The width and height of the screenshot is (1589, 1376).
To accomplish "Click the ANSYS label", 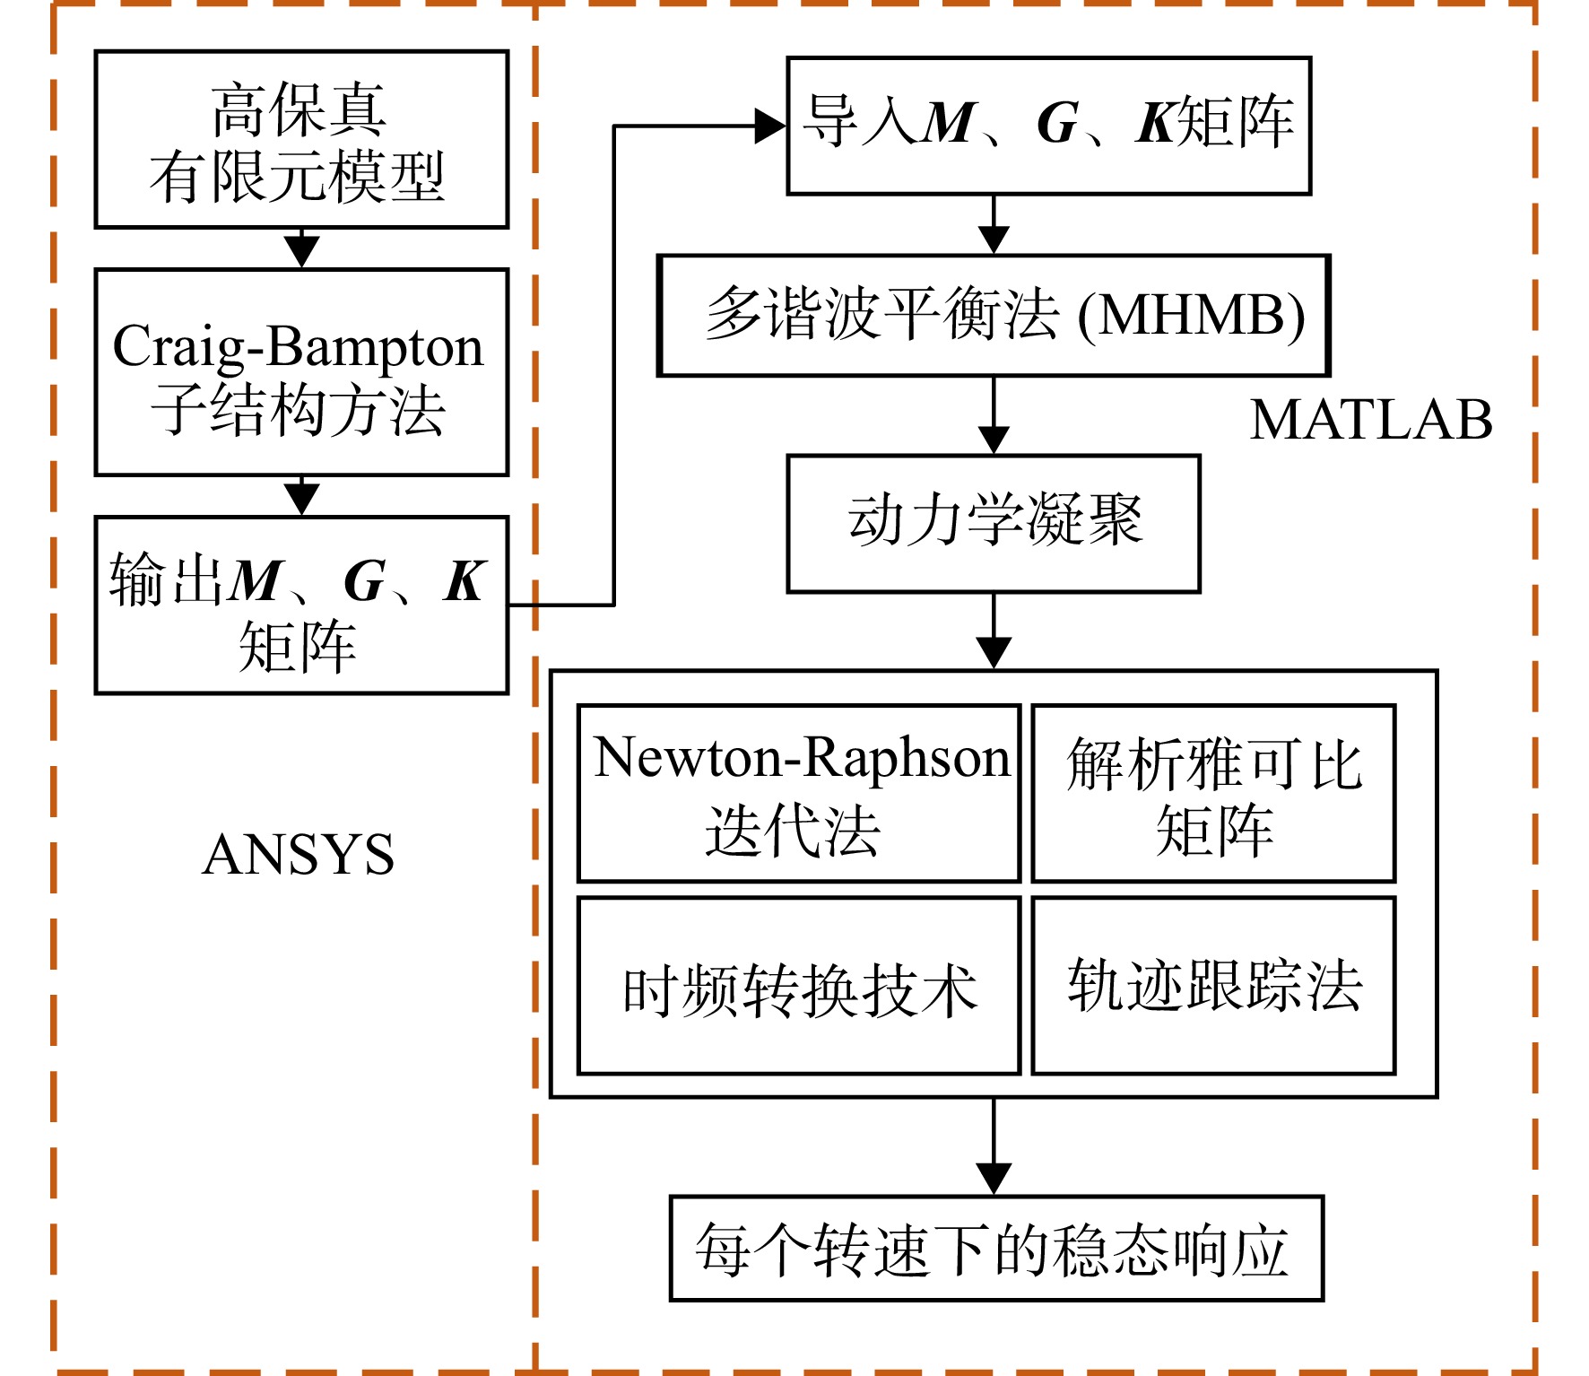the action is tap(299, 854).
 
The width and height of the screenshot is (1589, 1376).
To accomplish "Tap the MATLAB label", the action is tap(1371, 420).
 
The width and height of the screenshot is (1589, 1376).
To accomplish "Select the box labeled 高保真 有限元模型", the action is tap(301, 139).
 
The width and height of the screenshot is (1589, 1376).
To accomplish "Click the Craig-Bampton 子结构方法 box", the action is tap(301, 372).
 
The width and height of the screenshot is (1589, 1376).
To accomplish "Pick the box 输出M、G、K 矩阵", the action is tap(301, 605).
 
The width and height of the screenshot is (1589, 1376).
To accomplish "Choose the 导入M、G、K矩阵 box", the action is tap(1049, 126).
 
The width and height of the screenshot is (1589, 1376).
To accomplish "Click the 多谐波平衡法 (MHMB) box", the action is tap(994, 316).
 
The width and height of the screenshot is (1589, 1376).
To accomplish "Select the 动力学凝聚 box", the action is tap(994, 524).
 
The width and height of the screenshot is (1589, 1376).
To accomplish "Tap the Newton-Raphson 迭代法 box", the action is tap(799, 794).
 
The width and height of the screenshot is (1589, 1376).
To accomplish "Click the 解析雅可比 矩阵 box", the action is tap(1214, 794).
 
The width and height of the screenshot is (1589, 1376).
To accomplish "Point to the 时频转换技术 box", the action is tap(799, 986).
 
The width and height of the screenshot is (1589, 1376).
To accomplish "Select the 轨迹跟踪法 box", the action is tap(1214, 986).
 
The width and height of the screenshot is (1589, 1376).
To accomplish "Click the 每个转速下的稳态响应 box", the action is tap(996, 1249).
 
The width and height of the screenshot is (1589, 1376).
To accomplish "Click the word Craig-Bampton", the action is tap(298, 348).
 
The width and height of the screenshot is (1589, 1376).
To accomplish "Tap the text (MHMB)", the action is tap(1191, 316).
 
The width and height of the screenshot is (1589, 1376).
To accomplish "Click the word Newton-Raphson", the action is tap(802, 759).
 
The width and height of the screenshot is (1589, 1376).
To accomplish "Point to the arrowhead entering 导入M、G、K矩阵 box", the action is tap(770, 126).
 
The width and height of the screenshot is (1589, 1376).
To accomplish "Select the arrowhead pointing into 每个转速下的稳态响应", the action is tap(994, 1179).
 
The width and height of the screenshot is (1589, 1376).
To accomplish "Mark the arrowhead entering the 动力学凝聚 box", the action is tap(994, 440).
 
